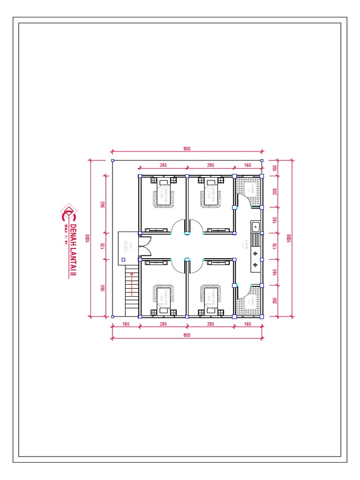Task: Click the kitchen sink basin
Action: (x=255, y=227)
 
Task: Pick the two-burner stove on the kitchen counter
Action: (x=255, y=259)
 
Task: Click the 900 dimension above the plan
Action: (x=187, y=149)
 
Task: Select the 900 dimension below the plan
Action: (x=187, y=335)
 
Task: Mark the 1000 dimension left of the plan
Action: (x=87, y=238)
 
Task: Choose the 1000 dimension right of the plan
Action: (x=289, y=238)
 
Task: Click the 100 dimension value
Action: (x=275, y=168)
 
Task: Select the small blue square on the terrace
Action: (x=123, y=259)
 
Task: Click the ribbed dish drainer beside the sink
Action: (x=255, y=240)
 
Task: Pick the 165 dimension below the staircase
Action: (x=126, y=324)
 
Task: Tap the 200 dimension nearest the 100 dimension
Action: (x=275, y=191)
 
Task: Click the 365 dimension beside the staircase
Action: (x=103, y=287)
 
